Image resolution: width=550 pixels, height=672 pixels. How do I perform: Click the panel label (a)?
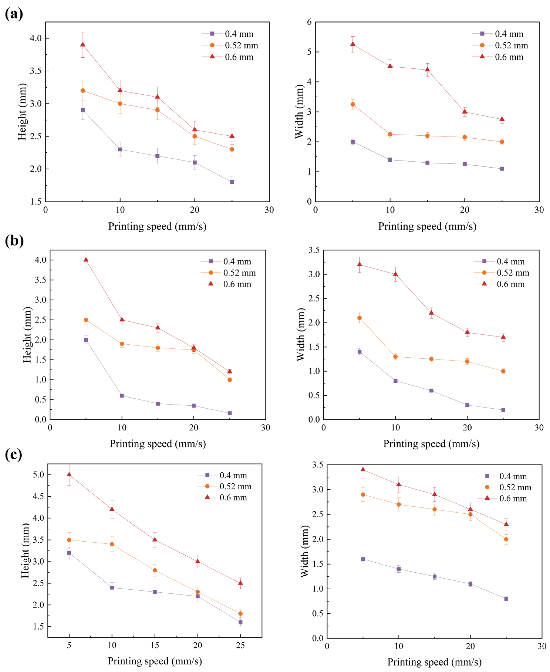[14, 14]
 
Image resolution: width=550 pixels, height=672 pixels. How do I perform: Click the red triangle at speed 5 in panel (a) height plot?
[83, 45]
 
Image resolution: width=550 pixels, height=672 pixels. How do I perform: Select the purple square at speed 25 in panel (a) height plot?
[232, 182]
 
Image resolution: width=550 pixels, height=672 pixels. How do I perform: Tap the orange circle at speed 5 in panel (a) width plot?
[353, 104]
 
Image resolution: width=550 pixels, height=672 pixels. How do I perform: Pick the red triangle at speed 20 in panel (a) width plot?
[465, 112]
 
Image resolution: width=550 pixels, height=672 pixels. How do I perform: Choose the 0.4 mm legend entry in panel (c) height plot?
[222, 475]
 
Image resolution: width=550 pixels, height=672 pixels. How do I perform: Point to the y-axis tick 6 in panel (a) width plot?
[309, 22]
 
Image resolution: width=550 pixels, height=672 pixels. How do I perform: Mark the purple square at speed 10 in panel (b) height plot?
[122, 395]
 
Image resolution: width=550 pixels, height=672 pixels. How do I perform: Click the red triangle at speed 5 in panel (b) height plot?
[86, 260]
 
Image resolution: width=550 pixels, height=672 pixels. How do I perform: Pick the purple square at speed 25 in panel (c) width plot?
[506, 599]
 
